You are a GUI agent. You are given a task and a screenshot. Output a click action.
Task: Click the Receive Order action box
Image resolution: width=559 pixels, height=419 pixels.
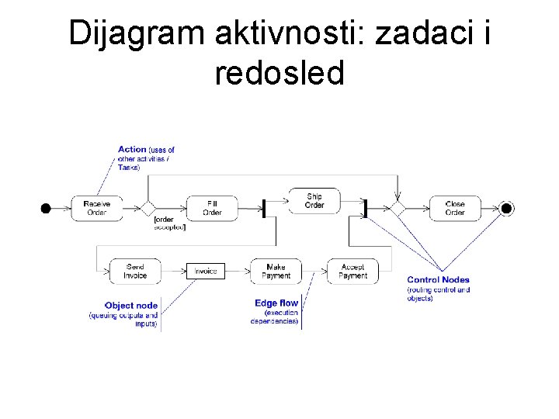97,208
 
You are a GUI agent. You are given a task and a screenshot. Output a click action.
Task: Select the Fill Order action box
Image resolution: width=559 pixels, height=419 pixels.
212,208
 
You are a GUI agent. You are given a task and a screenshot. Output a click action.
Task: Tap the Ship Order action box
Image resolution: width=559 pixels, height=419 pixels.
314,201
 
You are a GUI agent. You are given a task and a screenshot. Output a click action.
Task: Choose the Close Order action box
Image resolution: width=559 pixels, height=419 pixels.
455,208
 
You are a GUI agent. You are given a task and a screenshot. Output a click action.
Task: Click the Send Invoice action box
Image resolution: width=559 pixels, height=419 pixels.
135,271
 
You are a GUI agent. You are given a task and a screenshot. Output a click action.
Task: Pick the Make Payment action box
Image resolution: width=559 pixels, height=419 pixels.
276,271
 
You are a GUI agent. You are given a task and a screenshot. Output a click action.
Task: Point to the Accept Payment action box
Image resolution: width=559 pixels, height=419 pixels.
353,271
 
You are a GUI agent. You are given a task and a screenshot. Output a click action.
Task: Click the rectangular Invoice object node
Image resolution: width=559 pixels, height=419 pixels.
205,271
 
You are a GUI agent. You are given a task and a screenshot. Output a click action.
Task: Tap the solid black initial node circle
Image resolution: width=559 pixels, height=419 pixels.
46,208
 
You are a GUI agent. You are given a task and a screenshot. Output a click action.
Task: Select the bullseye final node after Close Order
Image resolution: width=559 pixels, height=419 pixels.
507,208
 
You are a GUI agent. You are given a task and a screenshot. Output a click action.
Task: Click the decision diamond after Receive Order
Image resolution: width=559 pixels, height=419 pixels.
148,208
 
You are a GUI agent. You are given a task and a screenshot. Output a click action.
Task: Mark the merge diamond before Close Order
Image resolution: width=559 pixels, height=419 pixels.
398,208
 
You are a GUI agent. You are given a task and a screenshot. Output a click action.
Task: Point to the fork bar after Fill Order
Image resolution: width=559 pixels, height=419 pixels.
264,208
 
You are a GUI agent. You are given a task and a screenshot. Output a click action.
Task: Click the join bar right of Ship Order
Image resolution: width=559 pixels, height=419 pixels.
365,208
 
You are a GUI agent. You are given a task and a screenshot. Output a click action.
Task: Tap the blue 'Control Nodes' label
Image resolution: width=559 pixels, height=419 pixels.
438,280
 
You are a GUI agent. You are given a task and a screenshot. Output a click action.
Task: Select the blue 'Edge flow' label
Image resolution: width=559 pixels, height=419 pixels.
276,303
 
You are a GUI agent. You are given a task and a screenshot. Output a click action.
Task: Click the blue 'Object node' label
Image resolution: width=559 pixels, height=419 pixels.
130,306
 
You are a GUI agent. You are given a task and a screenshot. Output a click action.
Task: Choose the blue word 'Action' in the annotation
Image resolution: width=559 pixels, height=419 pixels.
132,149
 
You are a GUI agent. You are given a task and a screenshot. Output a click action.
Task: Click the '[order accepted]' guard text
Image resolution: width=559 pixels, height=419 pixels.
170,223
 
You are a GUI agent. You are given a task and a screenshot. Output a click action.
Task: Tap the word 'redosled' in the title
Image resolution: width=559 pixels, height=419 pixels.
279,73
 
